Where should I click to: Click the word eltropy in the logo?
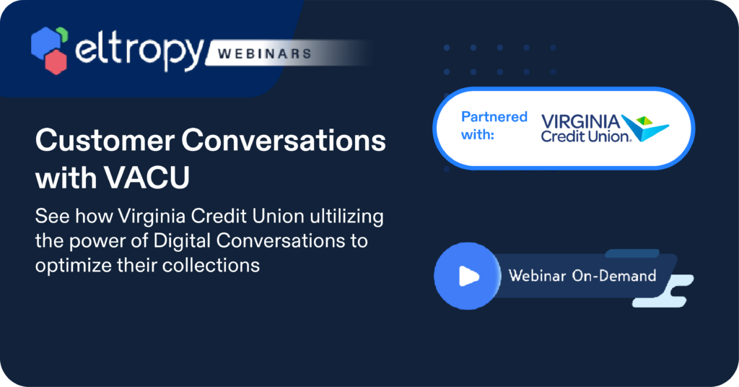click(139, 52)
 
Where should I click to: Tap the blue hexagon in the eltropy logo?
click(45, 43)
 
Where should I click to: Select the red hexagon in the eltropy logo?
click(56, 62)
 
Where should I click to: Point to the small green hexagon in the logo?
click(63, 35)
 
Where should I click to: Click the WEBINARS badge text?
click(264, 53)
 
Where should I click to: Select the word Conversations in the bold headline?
click(284, 141)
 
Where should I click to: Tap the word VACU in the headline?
click(147, 178)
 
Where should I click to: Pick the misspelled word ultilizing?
click(346, 217)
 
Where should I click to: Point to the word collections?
click(211, 266)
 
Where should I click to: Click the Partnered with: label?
click(494, 126)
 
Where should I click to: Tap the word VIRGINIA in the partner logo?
click(581, 121)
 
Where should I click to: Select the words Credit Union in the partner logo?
click(586, 136)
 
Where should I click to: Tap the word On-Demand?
click(613, 275)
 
